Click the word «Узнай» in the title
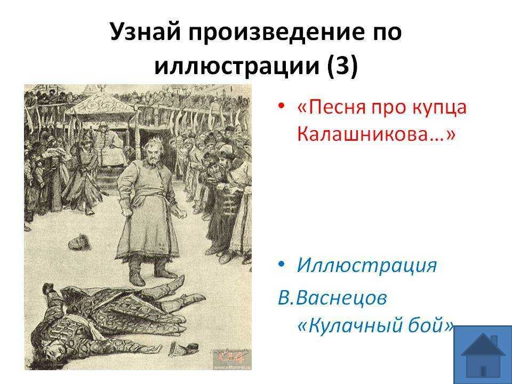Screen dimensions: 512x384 coord(145,32)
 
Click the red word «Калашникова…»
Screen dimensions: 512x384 coord(376,133)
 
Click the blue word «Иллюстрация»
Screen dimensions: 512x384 coord(366,265)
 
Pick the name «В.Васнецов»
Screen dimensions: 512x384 coord(332,298)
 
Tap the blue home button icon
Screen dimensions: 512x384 coord(483,355)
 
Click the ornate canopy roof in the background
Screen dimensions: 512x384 coord(100,103)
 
